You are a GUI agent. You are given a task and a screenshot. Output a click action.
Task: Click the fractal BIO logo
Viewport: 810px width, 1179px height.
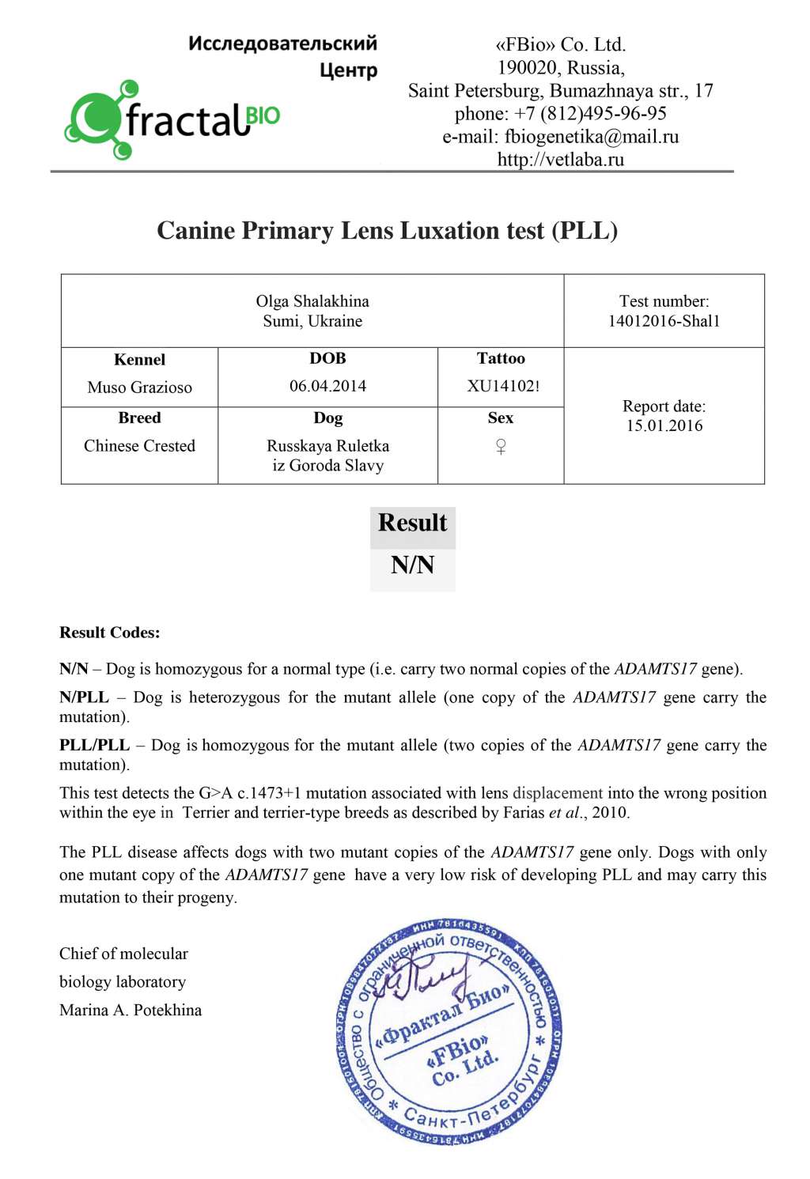pos(172,120)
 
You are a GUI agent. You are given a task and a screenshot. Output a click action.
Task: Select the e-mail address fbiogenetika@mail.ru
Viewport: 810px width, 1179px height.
pos(592,137)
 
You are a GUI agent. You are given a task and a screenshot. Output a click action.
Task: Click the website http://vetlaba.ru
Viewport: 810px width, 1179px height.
pos(560,160)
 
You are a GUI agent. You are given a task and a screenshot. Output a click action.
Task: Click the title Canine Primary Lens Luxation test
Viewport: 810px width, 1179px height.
pos(387,230)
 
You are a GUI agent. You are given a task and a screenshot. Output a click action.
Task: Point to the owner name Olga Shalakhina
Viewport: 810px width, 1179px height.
pos(312,301)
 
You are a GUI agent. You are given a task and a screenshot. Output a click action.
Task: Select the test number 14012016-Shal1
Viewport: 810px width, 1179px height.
pos(664,321)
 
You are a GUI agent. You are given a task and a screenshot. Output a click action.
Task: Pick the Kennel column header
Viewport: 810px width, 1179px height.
pos(139,360)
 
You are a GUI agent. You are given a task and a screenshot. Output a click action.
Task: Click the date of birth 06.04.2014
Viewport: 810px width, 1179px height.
pos(327,386)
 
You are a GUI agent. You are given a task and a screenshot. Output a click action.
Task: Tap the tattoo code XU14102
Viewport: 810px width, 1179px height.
pos(501,387)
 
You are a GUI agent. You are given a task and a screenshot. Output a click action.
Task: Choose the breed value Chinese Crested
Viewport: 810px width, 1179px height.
pos(139,446)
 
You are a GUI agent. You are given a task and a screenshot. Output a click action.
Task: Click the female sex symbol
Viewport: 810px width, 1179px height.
pos(501,447)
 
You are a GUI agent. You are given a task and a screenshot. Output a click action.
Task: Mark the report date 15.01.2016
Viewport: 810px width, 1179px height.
pos(664,425)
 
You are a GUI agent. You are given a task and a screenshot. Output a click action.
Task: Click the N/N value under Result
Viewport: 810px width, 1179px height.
pos(412,565)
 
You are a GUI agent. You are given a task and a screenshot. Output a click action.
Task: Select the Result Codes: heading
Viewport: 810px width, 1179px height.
pos(109,633)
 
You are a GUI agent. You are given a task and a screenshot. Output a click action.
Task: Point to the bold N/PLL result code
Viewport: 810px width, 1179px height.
pos(84,697)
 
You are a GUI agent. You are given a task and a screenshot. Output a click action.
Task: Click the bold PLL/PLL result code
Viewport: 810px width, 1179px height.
pos(94,745)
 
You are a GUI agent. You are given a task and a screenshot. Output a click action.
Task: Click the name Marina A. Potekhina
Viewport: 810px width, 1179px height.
pos(131,1010)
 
